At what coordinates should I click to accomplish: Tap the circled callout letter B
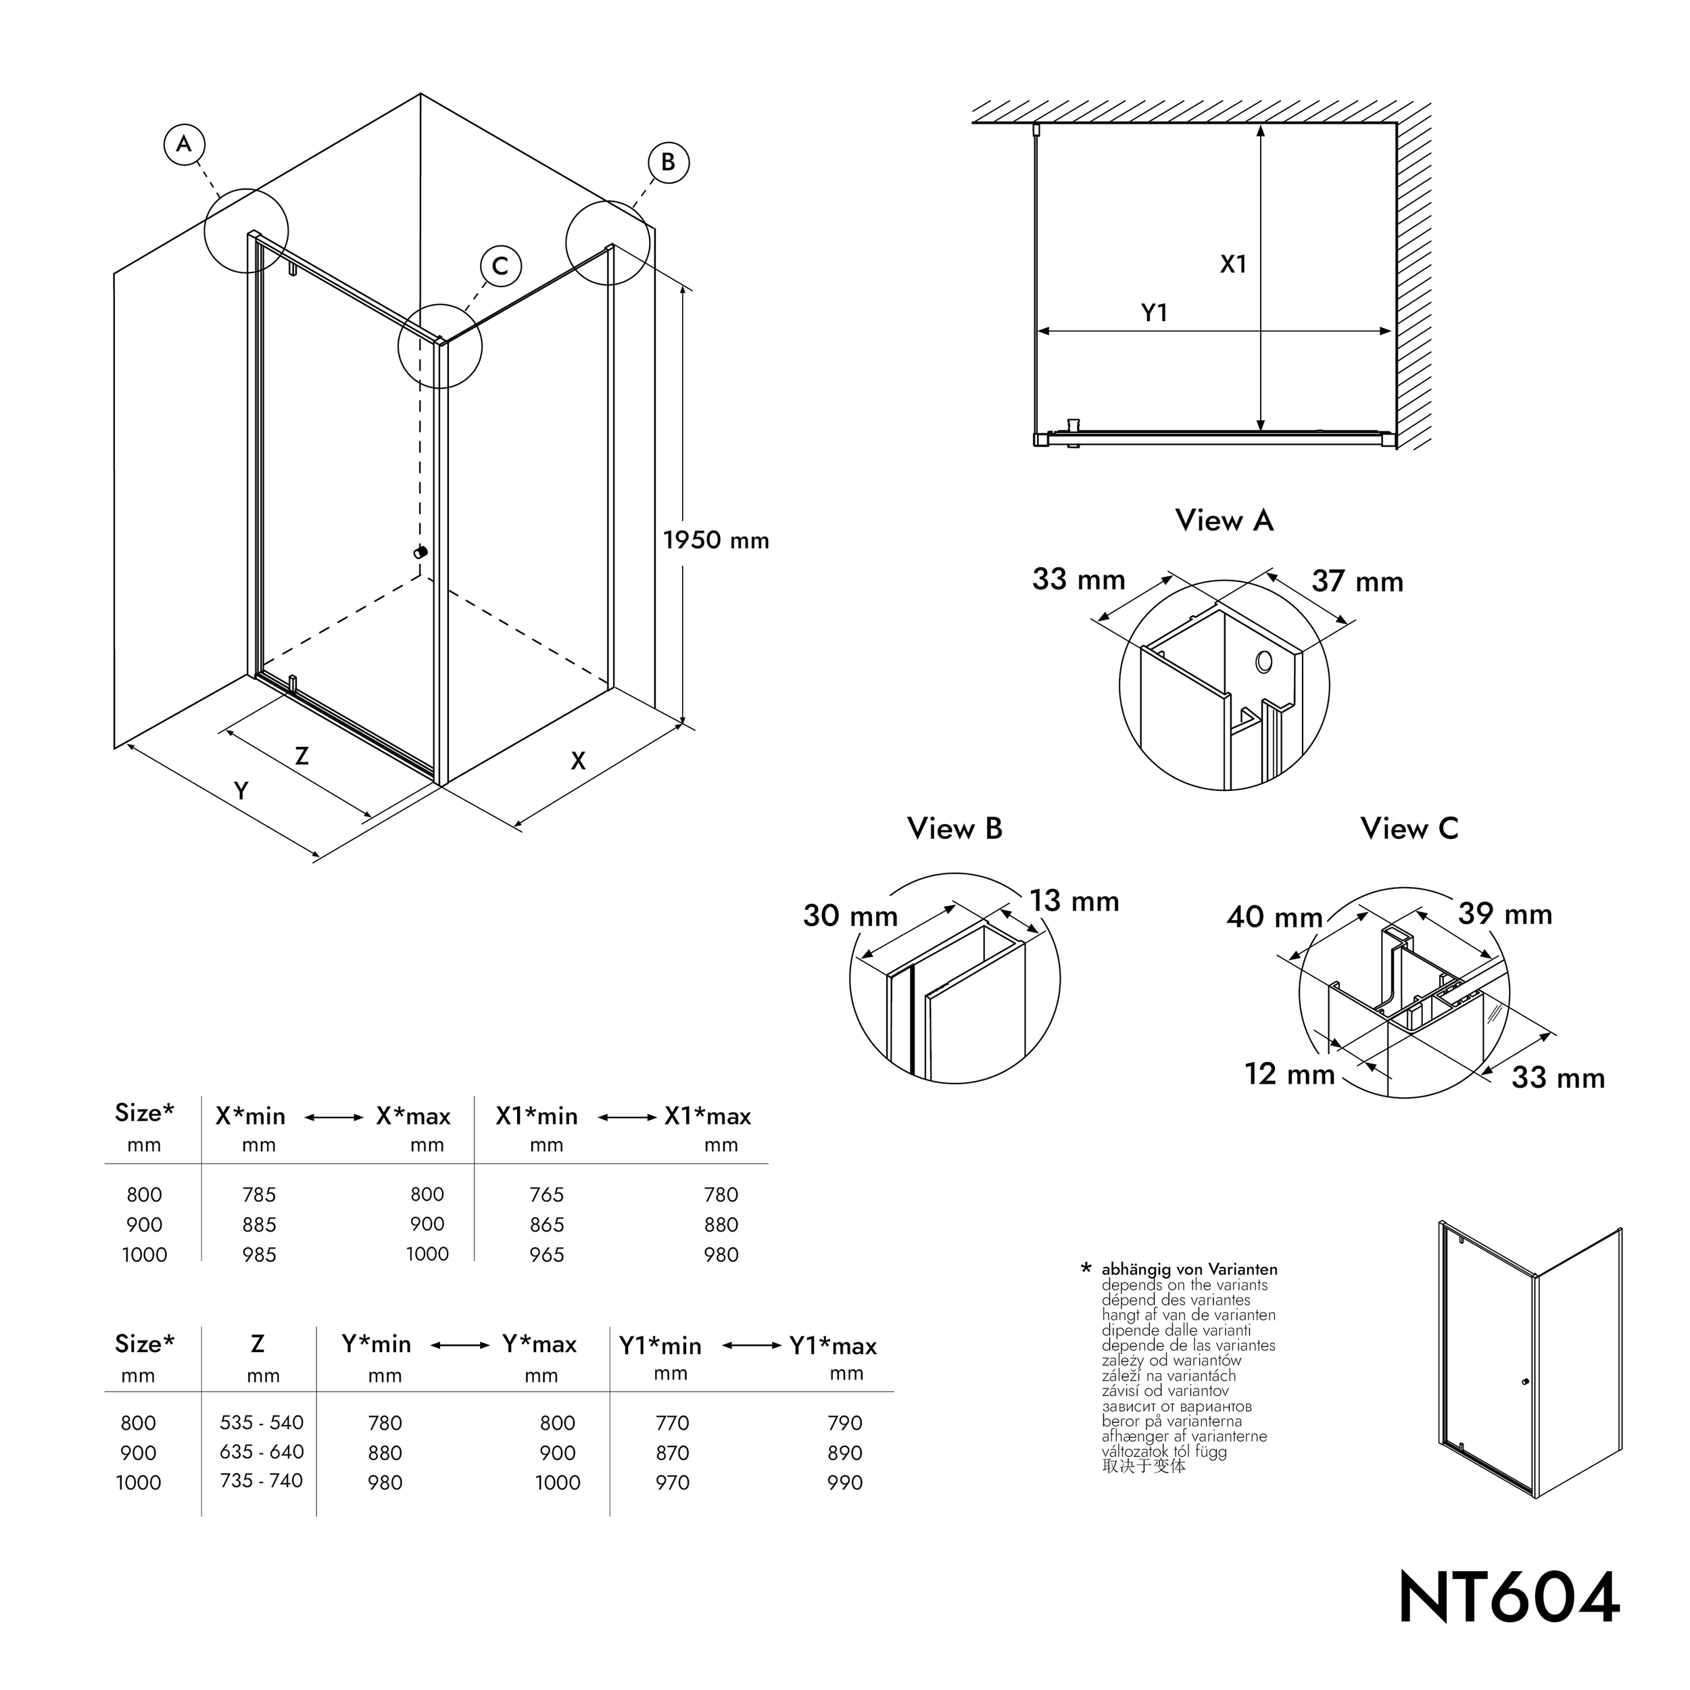(x=669, y=163)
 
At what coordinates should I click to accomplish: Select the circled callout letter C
(x=500, y=266)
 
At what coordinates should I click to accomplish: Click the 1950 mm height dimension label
(x=715, y=541)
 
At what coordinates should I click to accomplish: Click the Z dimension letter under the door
(x=301, y=756)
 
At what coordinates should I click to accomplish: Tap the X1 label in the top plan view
(x=1234, y=264)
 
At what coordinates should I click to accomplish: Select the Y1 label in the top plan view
(x=1155, y=313)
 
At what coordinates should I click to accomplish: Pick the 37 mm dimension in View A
(x=1357, y=582)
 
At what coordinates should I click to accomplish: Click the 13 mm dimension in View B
(x=1074, y=901)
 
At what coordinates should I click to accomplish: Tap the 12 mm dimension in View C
(x=1289, y=1074)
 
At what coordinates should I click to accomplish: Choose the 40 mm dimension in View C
(x=1274, y=917)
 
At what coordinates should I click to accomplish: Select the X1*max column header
(x=708, y=1117)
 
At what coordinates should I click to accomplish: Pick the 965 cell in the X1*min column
(x=547, y=1255)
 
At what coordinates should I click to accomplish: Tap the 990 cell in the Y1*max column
(x=845, y=1482)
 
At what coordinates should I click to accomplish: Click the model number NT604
(x=1509, y=1597)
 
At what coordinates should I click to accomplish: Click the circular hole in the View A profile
(x=1263, y=662)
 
